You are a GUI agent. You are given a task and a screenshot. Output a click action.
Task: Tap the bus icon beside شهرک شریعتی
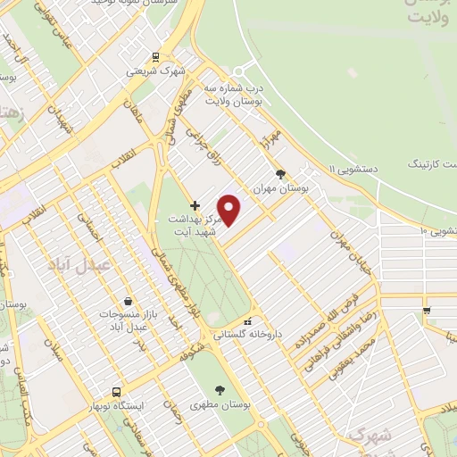(156, 57)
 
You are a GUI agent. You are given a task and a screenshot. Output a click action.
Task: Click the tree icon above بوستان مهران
(281, 175)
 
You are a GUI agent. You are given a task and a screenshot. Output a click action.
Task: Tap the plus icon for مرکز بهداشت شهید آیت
(195, 205)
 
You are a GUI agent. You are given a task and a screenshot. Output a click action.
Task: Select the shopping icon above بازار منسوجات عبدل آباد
(130, 302)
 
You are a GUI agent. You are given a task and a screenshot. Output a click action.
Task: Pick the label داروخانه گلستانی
(247, 335)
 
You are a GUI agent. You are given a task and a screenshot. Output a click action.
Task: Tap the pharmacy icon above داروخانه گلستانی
(248, 321)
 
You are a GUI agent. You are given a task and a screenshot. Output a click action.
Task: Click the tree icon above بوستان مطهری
(220, 389)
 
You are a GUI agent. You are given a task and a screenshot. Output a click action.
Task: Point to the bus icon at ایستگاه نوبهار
(116, 392)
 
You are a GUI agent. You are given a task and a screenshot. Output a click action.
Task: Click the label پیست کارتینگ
(432, 164)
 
